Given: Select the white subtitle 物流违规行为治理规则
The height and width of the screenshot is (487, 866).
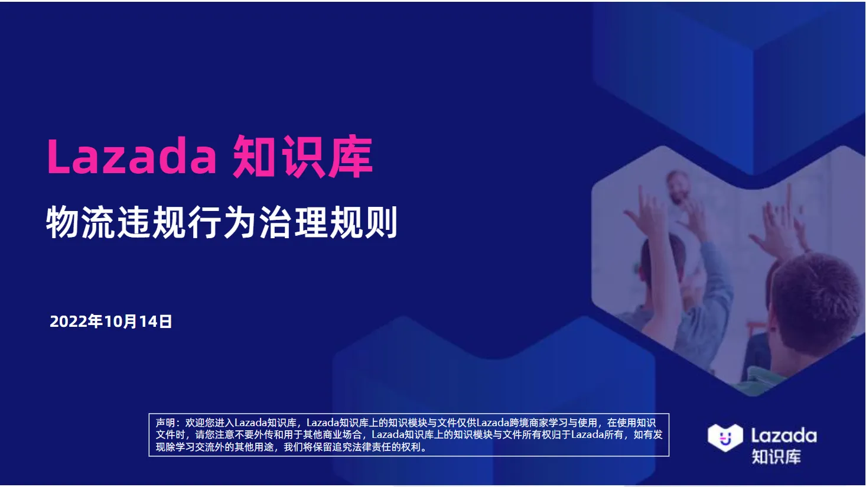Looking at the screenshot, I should tap(222, 222).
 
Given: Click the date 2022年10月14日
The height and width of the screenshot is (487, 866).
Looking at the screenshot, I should tap(110, 322).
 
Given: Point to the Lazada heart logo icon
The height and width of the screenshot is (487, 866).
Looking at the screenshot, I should tap(725, 437).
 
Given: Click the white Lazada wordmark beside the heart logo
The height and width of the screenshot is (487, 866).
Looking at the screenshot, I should tap(783, 436).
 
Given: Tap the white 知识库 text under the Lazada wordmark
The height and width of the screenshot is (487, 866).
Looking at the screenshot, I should tap(776, 457).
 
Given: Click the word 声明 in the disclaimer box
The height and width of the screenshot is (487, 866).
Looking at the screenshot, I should tap(165, 423).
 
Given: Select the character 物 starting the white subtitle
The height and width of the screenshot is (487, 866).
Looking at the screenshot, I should tap(62, 223).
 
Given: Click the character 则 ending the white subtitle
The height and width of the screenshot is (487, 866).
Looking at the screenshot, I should tap(381, 223).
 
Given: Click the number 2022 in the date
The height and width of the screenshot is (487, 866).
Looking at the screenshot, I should tap(68, 322).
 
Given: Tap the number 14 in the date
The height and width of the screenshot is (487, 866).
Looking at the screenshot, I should tap(148, 322).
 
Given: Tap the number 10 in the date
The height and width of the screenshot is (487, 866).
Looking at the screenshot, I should tap(112, 322).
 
